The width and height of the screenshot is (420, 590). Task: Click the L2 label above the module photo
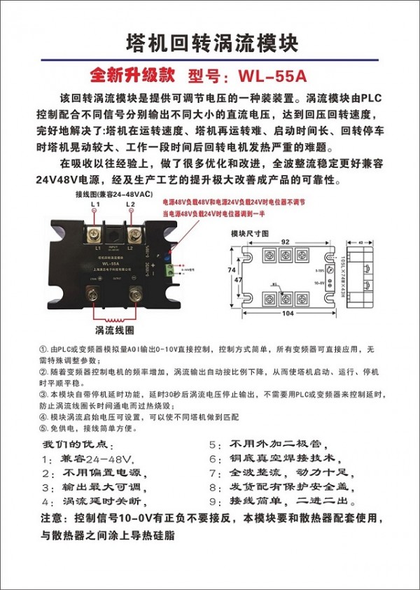(131, 204)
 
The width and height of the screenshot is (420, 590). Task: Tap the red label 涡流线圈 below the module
(110, 330)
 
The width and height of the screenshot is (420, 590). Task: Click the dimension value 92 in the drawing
(285, 241)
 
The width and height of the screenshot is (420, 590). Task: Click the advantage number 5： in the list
(215, 444)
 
